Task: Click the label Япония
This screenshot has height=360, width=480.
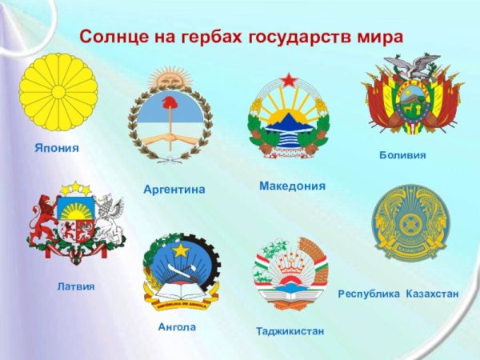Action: (56, 148)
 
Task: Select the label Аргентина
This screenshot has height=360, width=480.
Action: (174, 190)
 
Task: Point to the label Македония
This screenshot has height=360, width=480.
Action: (292, 186)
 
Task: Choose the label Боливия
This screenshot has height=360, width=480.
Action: (402, 154)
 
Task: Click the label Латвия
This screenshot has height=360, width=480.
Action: (76, 286)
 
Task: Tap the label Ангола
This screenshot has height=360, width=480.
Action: (177, 327)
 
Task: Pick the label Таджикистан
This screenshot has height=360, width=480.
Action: (290, 330)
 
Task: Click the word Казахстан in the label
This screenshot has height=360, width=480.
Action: (432, 294)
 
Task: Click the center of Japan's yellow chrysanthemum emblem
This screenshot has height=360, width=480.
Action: (58, 92)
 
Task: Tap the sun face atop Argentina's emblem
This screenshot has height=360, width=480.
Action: (170, 80)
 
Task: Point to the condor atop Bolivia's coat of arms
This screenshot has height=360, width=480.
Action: (412, 64)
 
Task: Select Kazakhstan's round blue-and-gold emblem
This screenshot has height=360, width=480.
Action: (412, 223)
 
